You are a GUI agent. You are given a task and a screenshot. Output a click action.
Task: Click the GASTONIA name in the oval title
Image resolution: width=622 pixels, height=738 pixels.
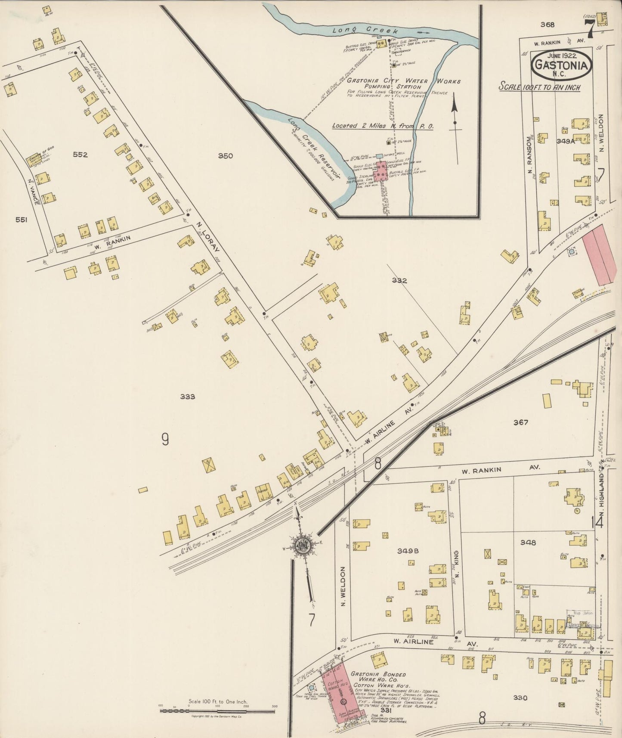[x=562, y=66]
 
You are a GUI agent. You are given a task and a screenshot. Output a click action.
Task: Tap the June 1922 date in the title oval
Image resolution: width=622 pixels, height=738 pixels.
[x=562, y=56]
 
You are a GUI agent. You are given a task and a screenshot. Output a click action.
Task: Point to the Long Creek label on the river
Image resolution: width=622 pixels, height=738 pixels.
[x=353, y=30]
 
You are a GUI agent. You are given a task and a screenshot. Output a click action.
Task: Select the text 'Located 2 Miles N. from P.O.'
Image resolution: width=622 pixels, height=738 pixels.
[x=382, y=126]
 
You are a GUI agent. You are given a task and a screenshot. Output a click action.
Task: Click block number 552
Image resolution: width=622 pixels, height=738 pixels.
[x=80, y=155]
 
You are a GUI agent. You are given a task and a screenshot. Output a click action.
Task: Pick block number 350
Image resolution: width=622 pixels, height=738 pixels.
[x=225, y=156]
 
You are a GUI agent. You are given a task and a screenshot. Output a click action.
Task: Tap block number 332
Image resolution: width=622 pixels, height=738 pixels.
[x=399, y=281]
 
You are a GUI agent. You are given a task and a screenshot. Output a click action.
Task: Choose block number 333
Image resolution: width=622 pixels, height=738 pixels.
[x=188, y=397]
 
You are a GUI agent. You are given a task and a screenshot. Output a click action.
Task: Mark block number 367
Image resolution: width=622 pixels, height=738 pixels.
[x=520, y=422]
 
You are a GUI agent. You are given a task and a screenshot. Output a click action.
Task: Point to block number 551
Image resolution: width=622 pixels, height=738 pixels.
[x=21, y=220]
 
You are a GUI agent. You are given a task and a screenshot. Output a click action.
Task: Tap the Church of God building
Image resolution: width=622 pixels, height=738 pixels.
[x=38, y=161]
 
